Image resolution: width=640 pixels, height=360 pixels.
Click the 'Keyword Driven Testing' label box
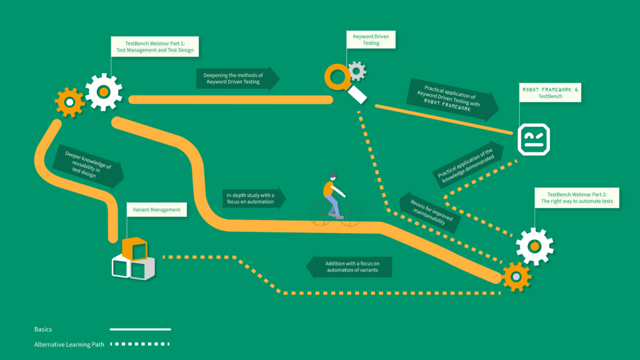[371, 40]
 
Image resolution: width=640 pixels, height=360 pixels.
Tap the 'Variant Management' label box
[157, 210]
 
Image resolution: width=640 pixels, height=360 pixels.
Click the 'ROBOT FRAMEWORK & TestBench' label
[550, 93]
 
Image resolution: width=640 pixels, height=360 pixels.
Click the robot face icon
[534, 139]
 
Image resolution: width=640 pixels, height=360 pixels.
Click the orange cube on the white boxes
[134, 249]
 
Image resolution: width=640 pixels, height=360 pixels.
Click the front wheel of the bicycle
[350, 213]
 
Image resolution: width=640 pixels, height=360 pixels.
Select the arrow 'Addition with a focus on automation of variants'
[349, 267]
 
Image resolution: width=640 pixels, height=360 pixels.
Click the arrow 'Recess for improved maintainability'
[431, 212]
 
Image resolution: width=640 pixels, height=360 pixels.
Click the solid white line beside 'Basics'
[140, 329]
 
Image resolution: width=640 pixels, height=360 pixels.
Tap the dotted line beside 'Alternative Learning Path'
[140, 344]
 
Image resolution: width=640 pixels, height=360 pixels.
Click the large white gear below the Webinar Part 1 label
[103, 92]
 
